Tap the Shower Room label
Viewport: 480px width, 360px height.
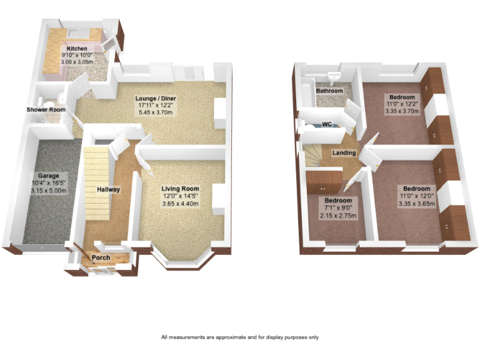tap(46, 110)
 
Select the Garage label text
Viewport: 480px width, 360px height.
tap(48, 176)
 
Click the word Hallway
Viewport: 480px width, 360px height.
tap(108, 189)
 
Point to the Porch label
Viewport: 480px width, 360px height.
tap(101, 257)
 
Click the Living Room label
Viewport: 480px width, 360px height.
tap(180, 189)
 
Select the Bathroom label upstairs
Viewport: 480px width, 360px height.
tap(329, 91)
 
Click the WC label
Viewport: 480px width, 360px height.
tap(326, 124)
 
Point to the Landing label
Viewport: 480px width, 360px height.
tap(344, 153)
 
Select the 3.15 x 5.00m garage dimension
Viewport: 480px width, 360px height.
tap(48, 191)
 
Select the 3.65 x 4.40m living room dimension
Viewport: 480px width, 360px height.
tap(180, 204)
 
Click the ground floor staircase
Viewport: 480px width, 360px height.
tap(96, 175)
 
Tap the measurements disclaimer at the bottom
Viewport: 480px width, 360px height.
tap(240, 337)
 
